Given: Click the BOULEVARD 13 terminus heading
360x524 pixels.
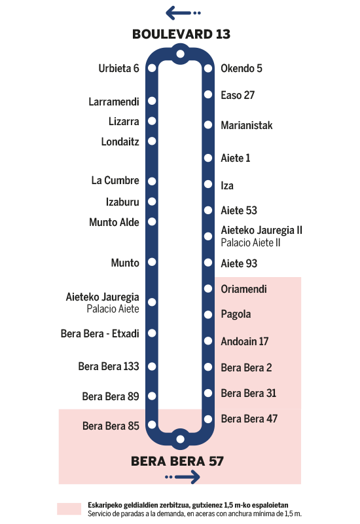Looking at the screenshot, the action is coord(181,34).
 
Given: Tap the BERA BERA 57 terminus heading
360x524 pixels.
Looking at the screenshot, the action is coord(177,461).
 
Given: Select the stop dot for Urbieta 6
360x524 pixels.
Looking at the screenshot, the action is coord(152,68).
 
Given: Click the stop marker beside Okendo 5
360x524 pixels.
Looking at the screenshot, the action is coord(208,69).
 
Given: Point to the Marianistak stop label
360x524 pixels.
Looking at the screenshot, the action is coord(247,125).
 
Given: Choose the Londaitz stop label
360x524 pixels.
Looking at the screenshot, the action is coord(120,141).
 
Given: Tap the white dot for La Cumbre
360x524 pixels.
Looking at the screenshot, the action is coord(152,181).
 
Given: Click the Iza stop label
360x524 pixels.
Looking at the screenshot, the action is coord(227,185).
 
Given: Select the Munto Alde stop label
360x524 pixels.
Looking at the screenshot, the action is coord(114,222).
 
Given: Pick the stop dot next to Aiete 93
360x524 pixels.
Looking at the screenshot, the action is coord(208,263).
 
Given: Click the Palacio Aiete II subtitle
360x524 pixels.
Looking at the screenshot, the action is coord(251,242).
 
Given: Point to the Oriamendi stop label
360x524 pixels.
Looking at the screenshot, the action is coord(243,289).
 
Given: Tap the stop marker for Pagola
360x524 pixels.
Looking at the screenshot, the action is coord(208,314).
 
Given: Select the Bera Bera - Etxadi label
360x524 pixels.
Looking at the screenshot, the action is coord(100,333).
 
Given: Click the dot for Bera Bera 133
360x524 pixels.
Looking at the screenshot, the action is coord(152,366).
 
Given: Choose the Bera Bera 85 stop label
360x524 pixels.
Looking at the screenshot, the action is coord(111,426).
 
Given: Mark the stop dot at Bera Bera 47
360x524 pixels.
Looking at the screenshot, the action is coord(208,419).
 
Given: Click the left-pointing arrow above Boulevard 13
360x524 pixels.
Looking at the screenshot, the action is coord(183,12).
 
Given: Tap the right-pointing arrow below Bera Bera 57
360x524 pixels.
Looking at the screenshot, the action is coord(183,477).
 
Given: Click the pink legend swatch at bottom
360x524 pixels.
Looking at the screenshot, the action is coord(69,509).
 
